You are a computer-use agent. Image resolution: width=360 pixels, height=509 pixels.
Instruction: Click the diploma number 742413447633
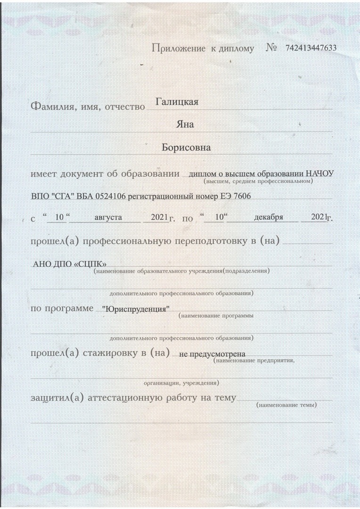tap(311, 49)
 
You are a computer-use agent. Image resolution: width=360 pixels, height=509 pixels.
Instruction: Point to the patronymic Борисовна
tap(186, 147)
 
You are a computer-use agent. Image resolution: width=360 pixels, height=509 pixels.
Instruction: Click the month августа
tap(108, 217)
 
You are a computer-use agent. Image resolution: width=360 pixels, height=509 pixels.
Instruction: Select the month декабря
tap(268, 217)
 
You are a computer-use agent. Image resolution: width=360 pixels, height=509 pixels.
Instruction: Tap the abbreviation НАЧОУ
tap(319, 173)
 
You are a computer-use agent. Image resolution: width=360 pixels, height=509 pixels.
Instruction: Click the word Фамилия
tap(50, 107)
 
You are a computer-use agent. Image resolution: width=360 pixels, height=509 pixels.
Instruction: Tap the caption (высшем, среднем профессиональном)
tap(258, 181)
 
